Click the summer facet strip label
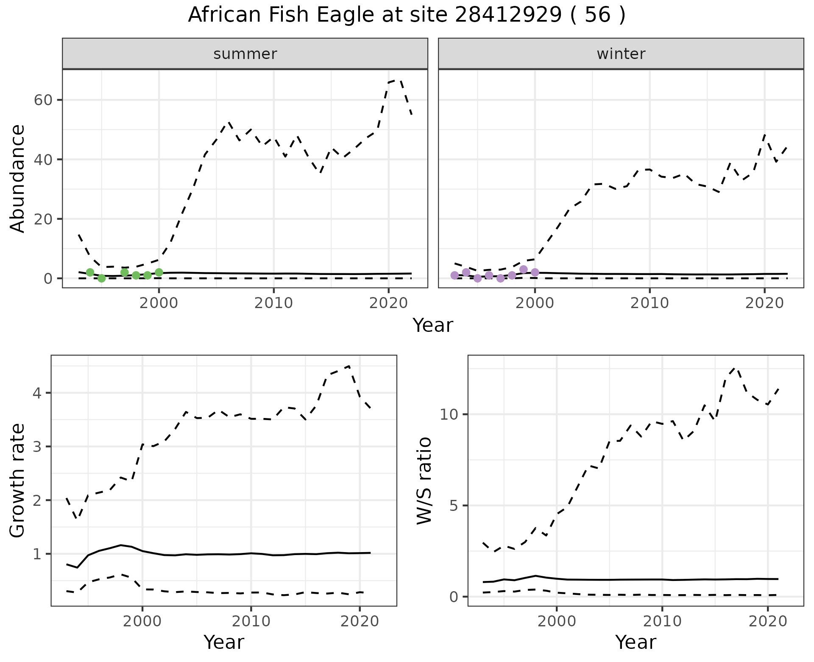245,54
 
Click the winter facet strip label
621,54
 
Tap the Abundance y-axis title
17,178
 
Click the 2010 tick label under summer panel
273,303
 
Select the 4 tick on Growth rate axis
41,393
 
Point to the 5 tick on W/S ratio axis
455,506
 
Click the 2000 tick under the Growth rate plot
142,622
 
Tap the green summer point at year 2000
159,272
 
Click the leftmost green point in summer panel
90,272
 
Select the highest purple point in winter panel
524,269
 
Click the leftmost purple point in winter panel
454,275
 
